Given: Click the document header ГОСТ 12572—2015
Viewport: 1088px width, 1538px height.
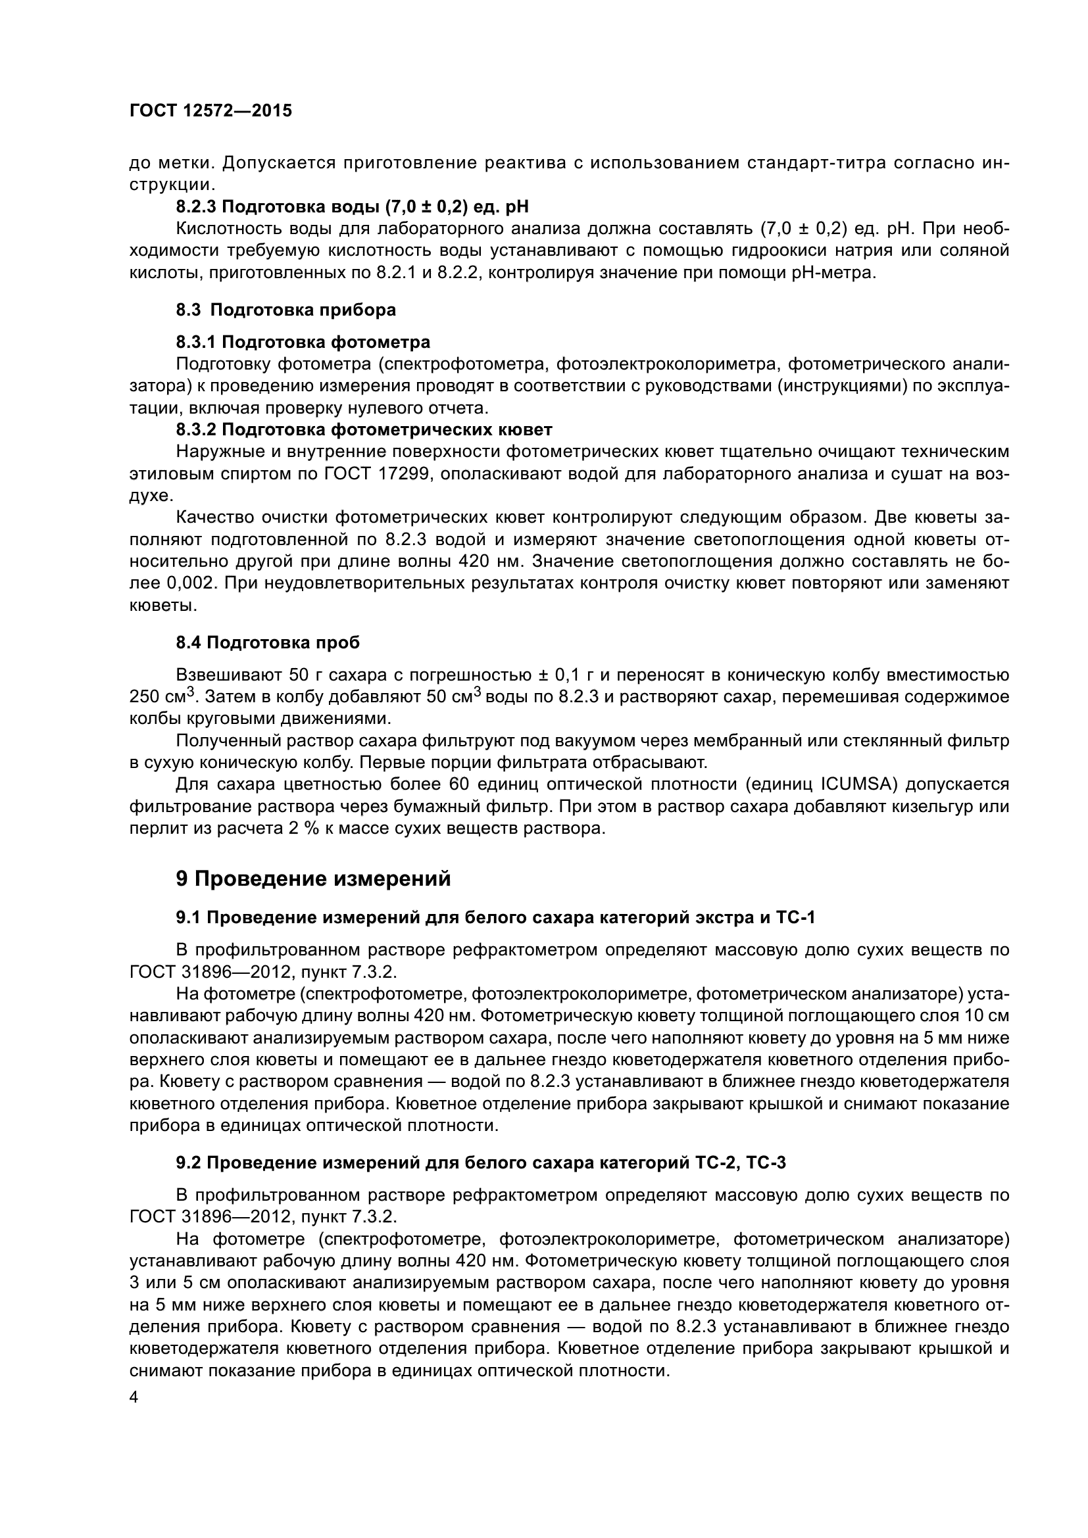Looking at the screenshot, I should pos(210,111).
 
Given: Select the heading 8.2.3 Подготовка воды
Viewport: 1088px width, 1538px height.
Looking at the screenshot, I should pos(353,206).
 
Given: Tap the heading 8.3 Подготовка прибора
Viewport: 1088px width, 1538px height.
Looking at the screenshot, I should pos(285,310).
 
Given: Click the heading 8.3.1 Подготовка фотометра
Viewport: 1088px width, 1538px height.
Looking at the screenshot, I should pos(303,343).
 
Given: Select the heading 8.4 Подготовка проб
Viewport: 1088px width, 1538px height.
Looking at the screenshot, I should pos(267,643).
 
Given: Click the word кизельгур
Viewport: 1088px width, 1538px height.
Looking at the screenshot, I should pos(932,807).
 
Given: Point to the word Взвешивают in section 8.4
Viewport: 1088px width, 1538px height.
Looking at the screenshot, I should pos(227,675).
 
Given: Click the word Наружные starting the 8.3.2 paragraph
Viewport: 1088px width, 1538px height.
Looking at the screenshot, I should pos(218,452).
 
